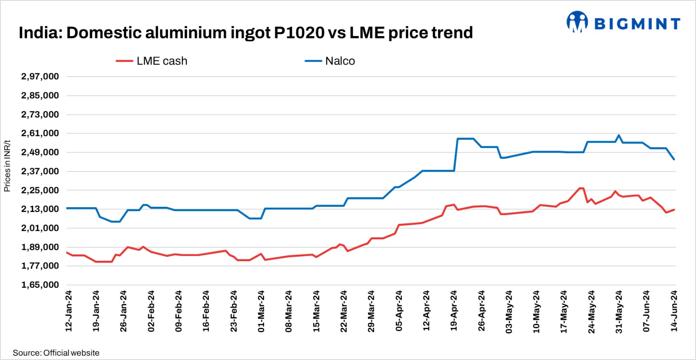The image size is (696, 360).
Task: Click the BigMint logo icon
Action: pyautogui.click(x=577, y=22)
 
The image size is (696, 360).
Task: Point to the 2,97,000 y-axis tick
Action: pyautogui.click(x=40, y=77)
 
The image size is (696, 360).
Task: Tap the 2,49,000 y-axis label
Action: pyautogui.click(x=40, y=152)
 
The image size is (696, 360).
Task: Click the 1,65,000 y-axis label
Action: pyautogui.click(x=40, y=285)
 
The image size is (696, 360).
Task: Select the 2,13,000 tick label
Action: pyautogui.click(x=40, y=209)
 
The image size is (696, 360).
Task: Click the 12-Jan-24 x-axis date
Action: pyautogui.click(x=69, y=311)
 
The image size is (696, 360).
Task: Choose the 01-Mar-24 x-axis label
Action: pyautogui.click(x=261, y=311)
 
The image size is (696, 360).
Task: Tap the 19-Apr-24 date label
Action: pyautogui.click(x=454, y=311)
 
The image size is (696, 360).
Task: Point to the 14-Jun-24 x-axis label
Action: pyautogui.click(x=674, y=311)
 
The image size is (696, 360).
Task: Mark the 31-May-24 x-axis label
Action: pyautogui.click(x=619, y=311)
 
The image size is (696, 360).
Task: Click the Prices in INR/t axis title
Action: pyautogui.click(x=7, y=165)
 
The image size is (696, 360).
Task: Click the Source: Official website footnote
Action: pyautogui.click(x=56, y=353)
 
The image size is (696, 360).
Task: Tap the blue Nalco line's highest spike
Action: pyautogui.click(x=619, y=135)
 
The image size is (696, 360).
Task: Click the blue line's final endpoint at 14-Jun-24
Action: pyautogui.click(x=674, y=159)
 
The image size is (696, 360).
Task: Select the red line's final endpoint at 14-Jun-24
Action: pyautogui.click(x=674, y=209)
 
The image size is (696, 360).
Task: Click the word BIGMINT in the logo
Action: pyautogui.click(x=637, y=24)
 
